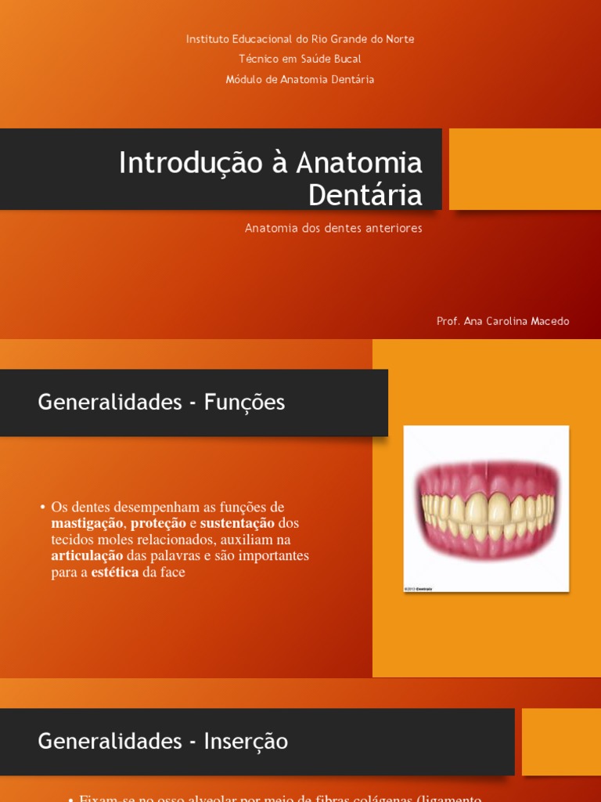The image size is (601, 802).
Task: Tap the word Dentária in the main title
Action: [x=365, y=194]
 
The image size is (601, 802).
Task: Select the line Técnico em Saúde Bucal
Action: [x=300, y=59]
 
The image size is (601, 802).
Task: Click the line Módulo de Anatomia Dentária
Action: [x=300, y=79]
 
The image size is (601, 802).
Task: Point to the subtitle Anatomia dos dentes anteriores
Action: [x=333, y=228]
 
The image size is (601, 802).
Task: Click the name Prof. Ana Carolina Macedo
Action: [x=502, y=321]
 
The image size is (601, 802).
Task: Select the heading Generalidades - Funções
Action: [x=161, y=403]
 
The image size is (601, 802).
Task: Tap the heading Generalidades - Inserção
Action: [x=163, y=741]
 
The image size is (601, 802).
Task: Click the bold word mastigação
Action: [x=86, y=523]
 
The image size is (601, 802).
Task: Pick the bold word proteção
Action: [x=158, y=523]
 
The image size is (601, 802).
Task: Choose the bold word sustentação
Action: [x=237, y=523]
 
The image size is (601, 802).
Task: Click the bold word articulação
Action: [x=87, y=556]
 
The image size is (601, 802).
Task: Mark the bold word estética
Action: [x=114, y=573]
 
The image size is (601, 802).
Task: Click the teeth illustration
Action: [x=486, y=508]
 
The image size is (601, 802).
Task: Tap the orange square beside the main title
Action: [x=524, y=169]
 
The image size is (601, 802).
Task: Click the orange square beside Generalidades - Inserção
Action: [x=561, y=742]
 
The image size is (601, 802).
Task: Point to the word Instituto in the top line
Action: [x=207, y=39]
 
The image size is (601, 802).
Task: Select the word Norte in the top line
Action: [x=400, y=39]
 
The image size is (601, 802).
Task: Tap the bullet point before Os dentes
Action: [x=42, y=507]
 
